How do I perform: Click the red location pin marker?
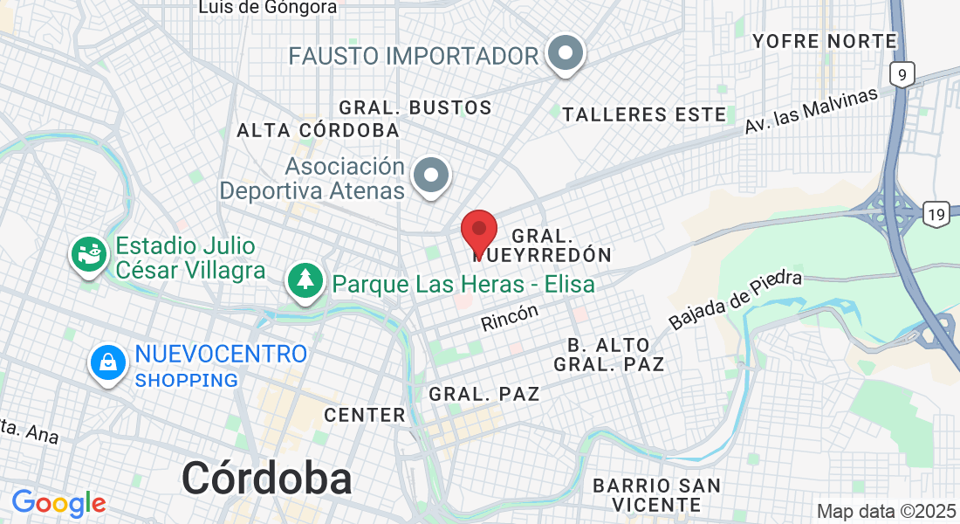(x=479, y=231)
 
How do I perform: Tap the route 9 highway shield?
(x=902, y=75)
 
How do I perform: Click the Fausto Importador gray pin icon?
(x=566, y=54)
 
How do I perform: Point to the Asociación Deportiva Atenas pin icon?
(x=431, y=176)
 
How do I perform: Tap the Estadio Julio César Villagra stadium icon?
(x=88, y=255)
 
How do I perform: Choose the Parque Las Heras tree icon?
(x=305, y=281)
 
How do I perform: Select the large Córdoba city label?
(x=267, y=478)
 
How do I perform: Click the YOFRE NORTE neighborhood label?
(x=825, y=41)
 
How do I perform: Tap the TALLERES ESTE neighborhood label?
(x=644, y=114)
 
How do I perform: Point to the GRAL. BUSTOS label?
(x=415, y=108)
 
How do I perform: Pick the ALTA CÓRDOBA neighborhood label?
(x=318, y=130)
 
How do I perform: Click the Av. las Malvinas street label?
(x=811, y=111)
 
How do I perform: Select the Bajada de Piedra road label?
(x=735, y=300)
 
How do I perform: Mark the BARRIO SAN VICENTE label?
(x=656, y=494)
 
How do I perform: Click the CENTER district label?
(x=365, y=415)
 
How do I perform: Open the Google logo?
(x=58, y=502)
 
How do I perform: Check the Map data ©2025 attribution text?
(x=885, y=511)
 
